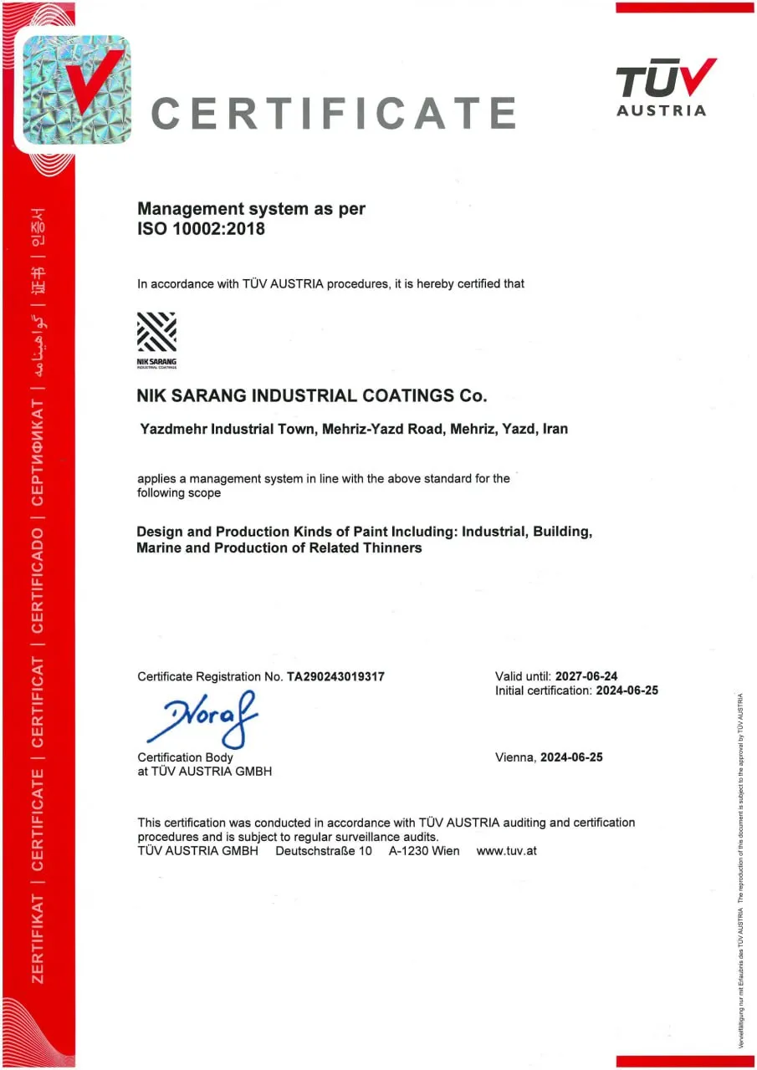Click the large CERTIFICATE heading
(x=334, y=114)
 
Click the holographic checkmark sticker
(x=76, y=89)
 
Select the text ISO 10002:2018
(x=201, y=228)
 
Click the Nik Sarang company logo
(x=156, y=339)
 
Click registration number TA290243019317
(x=335, y=676)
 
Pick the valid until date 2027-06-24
(x=586, y=675)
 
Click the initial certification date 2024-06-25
(x=627, y=690)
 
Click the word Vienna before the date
(x=514, y=757)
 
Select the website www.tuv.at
(x=506, y=851)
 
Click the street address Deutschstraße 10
(x=324, y=851)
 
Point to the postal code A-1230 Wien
(x=424, y=851)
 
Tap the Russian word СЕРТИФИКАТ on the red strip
(x=38, y=452)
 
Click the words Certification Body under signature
(x=185, y=757)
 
